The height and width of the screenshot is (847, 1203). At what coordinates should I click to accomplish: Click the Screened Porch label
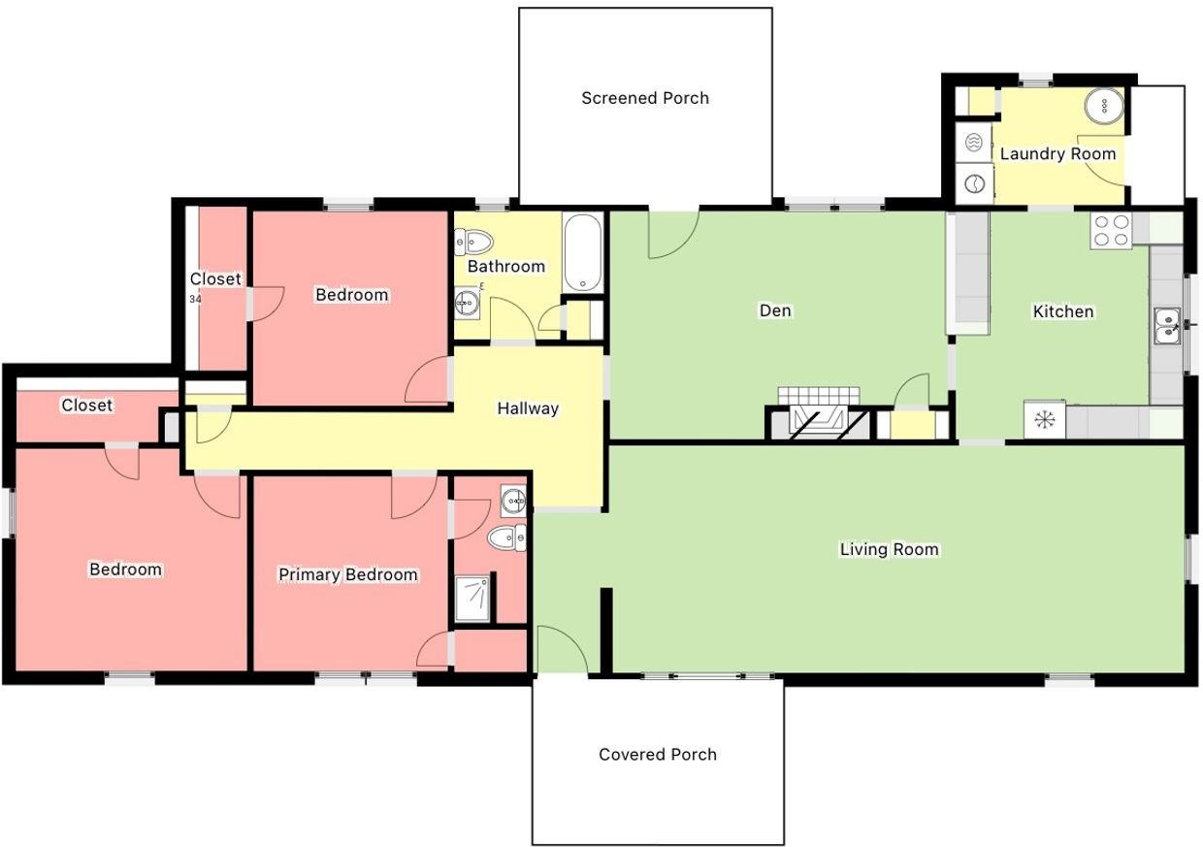click(645, 98)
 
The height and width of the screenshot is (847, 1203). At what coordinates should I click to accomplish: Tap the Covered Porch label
click(658, 754)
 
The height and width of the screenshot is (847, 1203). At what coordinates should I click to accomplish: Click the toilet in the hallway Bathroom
click(472, 241)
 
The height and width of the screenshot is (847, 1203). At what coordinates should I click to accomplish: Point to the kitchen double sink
click(1167, 326)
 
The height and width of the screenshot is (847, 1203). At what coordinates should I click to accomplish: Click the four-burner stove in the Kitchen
click(1111, 231)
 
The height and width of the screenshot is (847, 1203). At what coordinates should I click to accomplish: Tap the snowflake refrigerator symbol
click(1044, 420)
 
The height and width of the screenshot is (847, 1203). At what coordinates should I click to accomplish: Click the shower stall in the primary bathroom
click(473, 599)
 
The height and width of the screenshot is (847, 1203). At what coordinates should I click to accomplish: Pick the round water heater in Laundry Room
click(1104, 105)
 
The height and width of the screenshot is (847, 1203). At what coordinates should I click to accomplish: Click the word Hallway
click(528, 408)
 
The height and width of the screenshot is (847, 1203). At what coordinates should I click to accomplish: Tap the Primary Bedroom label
click(347, 574)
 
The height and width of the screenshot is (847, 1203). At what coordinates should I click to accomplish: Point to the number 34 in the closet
click(195, 299)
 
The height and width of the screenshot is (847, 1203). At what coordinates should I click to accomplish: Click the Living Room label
click(889, 549)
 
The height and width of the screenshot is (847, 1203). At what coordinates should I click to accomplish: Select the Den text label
click(775, 310)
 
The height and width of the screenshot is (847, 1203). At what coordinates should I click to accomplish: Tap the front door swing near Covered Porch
click(562, 648)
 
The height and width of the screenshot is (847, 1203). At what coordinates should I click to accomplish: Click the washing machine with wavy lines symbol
click(973, 144)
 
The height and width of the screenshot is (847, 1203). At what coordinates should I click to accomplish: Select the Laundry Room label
click(1057, 153)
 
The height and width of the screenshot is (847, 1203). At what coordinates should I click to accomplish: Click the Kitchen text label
click(1063, 311)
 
